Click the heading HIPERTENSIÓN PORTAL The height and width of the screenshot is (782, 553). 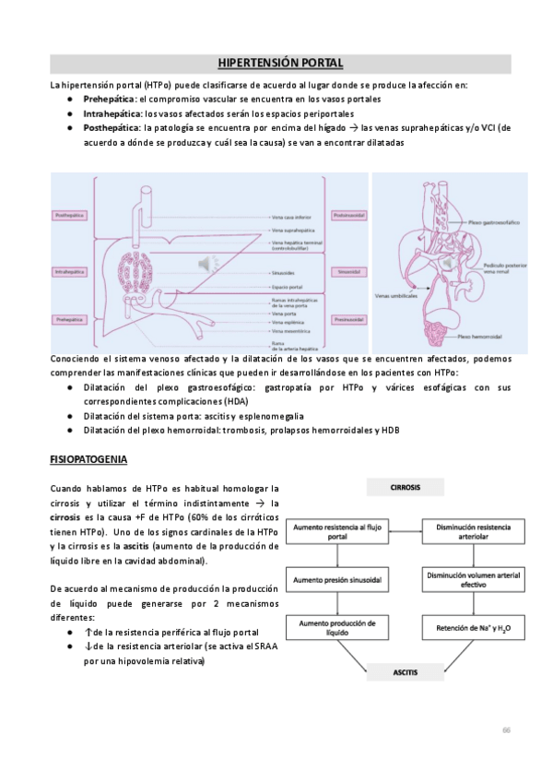coord(280,63)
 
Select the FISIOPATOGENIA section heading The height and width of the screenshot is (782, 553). coord(88,458)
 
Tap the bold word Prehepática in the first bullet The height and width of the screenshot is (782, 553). coord(110,98)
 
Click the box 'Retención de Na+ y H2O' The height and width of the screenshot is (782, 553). coord(474,630)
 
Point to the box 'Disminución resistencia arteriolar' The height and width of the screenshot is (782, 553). coord(474,530)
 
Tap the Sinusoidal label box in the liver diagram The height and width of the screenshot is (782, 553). coord(349,273)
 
